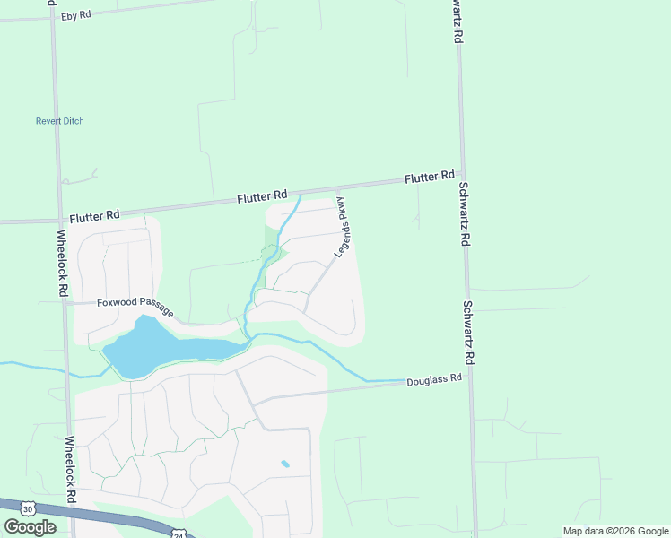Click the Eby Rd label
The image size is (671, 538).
pos(75,15)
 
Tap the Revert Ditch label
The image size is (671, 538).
pos(60,121)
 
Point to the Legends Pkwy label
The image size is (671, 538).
pos(344,227)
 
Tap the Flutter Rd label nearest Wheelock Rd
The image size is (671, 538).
pos(94,216)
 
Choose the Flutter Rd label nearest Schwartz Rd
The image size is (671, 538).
pos(430,178)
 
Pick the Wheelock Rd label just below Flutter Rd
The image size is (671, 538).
pos(62,265)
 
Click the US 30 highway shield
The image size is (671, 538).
pos(28,509)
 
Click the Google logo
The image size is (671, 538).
pos(30,527)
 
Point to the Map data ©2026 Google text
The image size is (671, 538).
pos(616,531)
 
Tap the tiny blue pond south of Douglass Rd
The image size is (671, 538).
pos(285,464)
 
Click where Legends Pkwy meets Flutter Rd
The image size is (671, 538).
pos(338,187)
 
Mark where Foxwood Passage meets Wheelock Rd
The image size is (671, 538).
pos(65,302)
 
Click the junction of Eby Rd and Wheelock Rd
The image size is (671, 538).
pos(52,17)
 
